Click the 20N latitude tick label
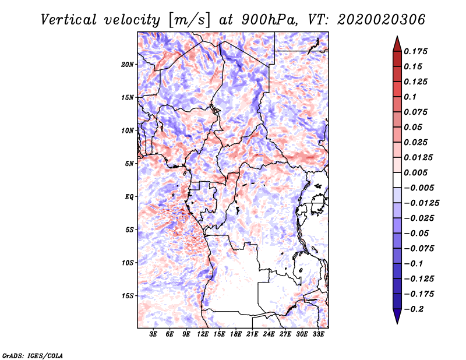click(128, 64)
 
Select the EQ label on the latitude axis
click(129, 196)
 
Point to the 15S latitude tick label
click(128, 295)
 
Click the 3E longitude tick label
click(154, 335)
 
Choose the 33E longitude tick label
click(318, 335)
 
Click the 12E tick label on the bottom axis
click(203, 335)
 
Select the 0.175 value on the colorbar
click(416, 51)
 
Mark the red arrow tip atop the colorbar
click(397, 40)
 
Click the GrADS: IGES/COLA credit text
click(33, 354)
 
